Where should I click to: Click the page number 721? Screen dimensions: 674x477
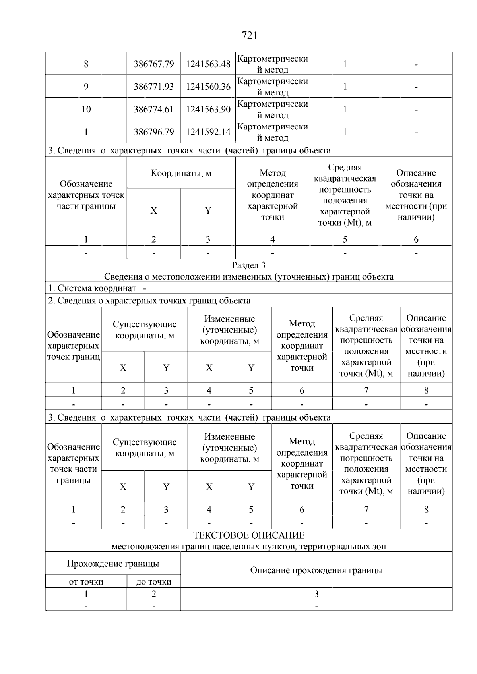click(x=249, y=36)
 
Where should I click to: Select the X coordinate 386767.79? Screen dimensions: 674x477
click(x=153, y=64)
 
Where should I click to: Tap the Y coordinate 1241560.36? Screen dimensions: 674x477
click(x=208, y=87)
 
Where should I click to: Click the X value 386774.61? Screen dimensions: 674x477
click(x=153, y=109)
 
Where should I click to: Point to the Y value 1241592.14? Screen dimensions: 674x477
click(x=208, y=132)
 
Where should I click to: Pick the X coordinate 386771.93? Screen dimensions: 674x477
click(x=153, y=87)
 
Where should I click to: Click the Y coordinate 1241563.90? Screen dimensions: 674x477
click(x=208, y=109)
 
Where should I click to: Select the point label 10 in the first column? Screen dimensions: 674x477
click(x=86, y=109)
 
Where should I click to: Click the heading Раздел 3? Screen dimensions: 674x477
click(x=248, y=265)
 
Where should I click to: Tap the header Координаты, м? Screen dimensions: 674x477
click(x=181, y=173)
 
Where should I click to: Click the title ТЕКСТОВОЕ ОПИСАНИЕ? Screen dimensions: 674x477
click(x=248, y=535)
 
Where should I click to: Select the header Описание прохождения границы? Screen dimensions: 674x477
click(x=316, y=570)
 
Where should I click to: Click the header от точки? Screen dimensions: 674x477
click(x=86, y=582)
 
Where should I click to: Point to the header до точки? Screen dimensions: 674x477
click(x=153, y=582)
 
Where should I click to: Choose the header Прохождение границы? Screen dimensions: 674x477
click(x=113, y=564)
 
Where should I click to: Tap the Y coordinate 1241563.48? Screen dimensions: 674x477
click(x=208, y=64)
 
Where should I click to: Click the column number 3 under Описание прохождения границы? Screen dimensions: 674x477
click(x=316, y=594)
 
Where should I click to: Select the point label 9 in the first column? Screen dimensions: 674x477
click(x=86, y=87)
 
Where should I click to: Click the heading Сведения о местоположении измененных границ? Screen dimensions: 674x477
click(x=248, y=277)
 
